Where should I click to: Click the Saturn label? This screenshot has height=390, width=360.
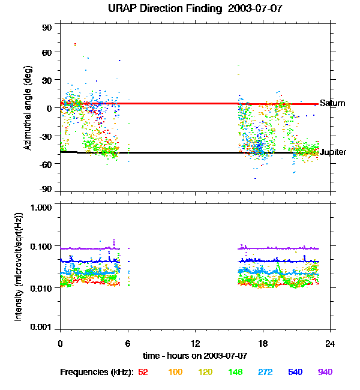[x=332, y=104]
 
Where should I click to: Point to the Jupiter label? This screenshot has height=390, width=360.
[x=333, y=152]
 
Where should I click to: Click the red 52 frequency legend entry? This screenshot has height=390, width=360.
[x=143, y=372]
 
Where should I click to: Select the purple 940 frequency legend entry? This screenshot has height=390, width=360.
[x=325, y=372]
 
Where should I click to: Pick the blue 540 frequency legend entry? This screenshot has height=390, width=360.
[x=295, y=372]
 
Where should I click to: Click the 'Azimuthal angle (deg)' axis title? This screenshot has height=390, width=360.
[x=28, y=108]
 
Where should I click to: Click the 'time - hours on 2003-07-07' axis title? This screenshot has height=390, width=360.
[x=195, y=356]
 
